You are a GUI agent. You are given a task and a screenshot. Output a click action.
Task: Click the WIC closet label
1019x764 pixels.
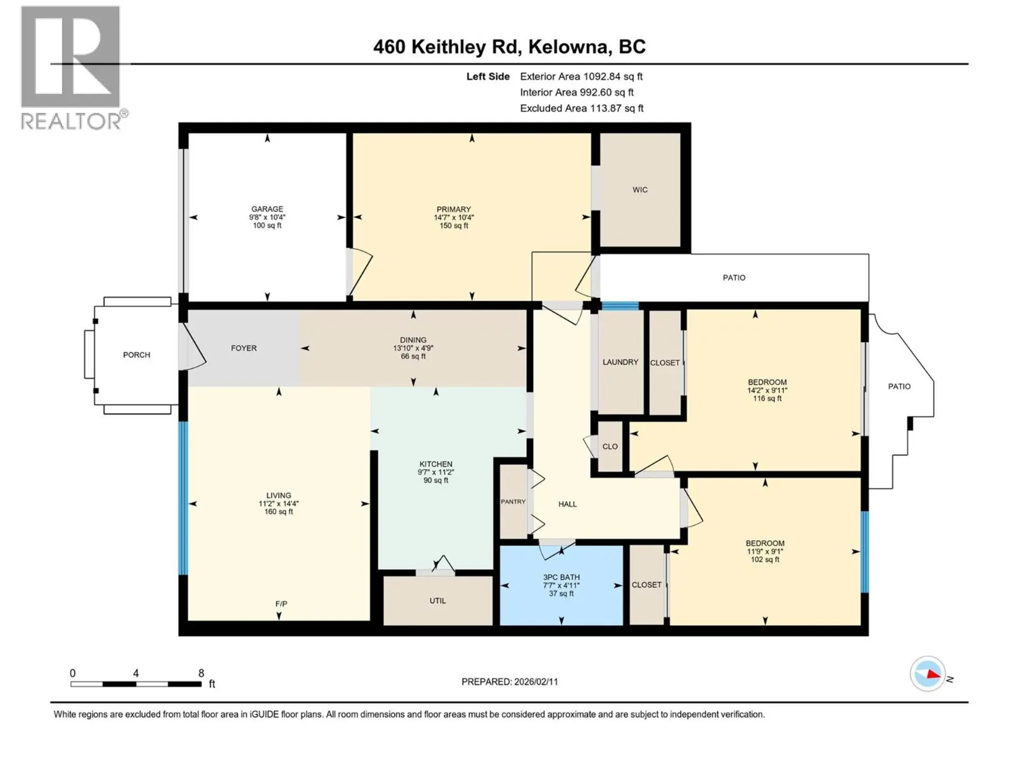pyautogui.click(x=640, y=189)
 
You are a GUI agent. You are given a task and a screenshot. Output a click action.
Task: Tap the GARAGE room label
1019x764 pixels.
pyautogui.click(x=267, y=209)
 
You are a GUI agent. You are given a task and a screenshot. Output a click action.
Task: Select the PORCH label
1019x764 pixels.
pyautogui.click(x=136, y=354)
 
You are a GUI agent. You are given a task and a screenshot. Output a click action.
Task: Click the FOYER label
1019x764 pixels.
pyautogui.click(x=244, y=348)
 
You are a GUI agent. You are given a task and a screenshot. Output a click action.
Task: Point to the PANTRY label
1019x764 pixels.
pyautogui.click(x=513, y=501)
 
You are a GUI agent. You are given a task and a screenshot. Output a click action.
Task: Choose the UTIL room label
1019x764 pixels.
pyautogui.click(x=437, y=601)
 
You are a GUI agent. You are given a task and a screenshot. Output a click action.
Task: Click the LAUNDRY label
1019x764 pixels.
pyautogui.click(x=620, y=362)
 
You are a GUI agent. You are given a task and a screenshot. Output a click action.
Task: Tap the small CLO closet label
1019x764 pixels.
pyautogui.click(x=610, y=446)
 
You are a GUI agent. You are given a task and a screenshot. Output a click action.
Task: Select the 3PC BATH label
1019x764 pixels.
pyautogui.click(x=561, y=577)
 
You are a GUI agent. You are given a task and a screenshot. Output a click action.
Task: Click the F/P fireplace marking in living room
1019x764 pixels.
pyautogui.click(x=281, y=604)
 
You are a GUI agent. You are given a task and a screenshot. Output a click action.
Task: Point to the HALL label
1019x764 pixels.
pyautogui.click(x=567, y=504)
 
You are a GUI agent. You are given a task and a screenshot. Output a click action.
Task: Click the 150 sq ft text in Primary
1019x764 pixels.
pyautogui.click(x=454, y=225)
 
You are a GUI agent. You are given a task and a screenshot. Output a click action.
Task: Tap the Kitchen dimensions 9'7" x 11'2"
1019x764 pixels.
pyautogui.click(x=436, y=472)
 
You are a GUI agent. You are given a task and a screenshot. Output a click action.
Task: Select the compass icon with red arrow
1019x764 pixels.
pyautogui.click(x=928, y=674)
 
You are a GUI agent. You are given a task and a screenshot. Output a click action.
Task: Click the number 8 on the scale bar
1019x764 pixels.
pyautogui.click(x=201, y=673)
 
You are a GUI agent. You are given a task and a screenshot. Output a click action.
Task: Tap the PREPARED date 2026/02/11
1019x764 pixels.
pyautogui.click(x=534, y=682)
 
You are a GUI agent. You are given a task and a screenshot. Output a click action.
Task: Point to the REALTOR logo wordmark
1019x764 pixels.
pyautogui.click(x=71, y=121)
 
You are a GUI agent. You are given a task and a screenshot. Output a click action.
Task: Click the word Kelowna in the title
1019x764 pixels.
pyautogui.click(x=567, y=47)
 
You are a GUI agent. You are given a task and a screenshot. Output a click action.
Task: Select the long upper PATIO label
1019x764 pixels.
pyautogui.click(x=733, y=277)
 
